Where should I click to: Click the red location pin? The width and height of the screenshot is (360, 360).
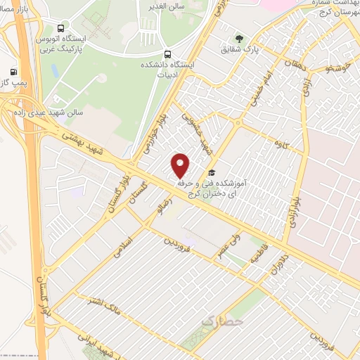[x=181, y=165]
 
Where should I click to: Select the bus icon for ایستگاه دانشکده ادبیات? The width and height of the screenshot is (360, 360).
[x=167, y=53]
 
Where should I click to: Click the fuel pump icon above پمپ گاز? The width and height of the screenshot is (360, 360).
[x=13, y=71]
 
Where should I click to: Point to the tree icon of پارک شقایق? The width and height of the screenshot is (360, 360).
[x=240, y=39]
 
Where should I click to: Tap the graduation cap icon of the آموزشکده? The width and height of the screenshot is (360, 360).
[x=211, y=173]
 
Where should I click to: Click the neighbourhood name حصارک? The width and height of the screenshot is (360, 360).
[x=221, y=321]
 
